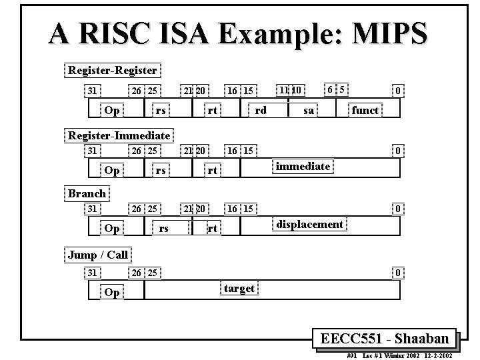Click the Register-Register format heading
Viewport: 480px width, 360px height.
[x=113, y=70]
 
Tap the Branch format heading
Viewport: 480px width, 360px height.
[x=87, y=193]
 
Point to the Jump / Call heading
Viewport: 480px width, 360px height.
[x=98, y=255]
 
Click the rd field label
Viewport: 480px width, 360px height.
[x=261, y=110]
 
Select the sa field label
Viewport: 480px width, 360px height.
[x=308, y=110]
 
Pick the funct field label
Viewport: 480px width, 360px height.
[x=365, y=110]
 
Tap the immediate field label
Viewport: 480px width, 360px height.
[x=303, y=166]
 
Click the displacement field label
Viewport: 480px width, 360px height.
[x=310, y=224]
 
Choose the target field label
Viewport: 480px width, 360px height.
[x=239, y=288]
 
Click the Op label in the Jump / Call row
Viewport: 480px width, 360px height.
[x=113, y=293]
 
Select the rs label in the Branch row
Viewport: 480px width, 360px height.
[x=163, y=229]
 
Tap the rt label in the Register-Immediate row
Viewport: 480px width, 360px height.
[x=212, y=171]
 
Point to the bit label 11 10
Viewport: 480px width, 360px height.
[x=289, y=89]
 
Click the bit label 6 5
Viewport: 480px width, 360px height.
[x=335, y=89]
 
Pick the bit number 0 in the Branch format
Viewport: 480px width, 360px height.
[x=397, y=209]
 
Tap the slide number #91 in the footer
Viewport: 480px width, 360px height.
[x=353, y=355]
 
